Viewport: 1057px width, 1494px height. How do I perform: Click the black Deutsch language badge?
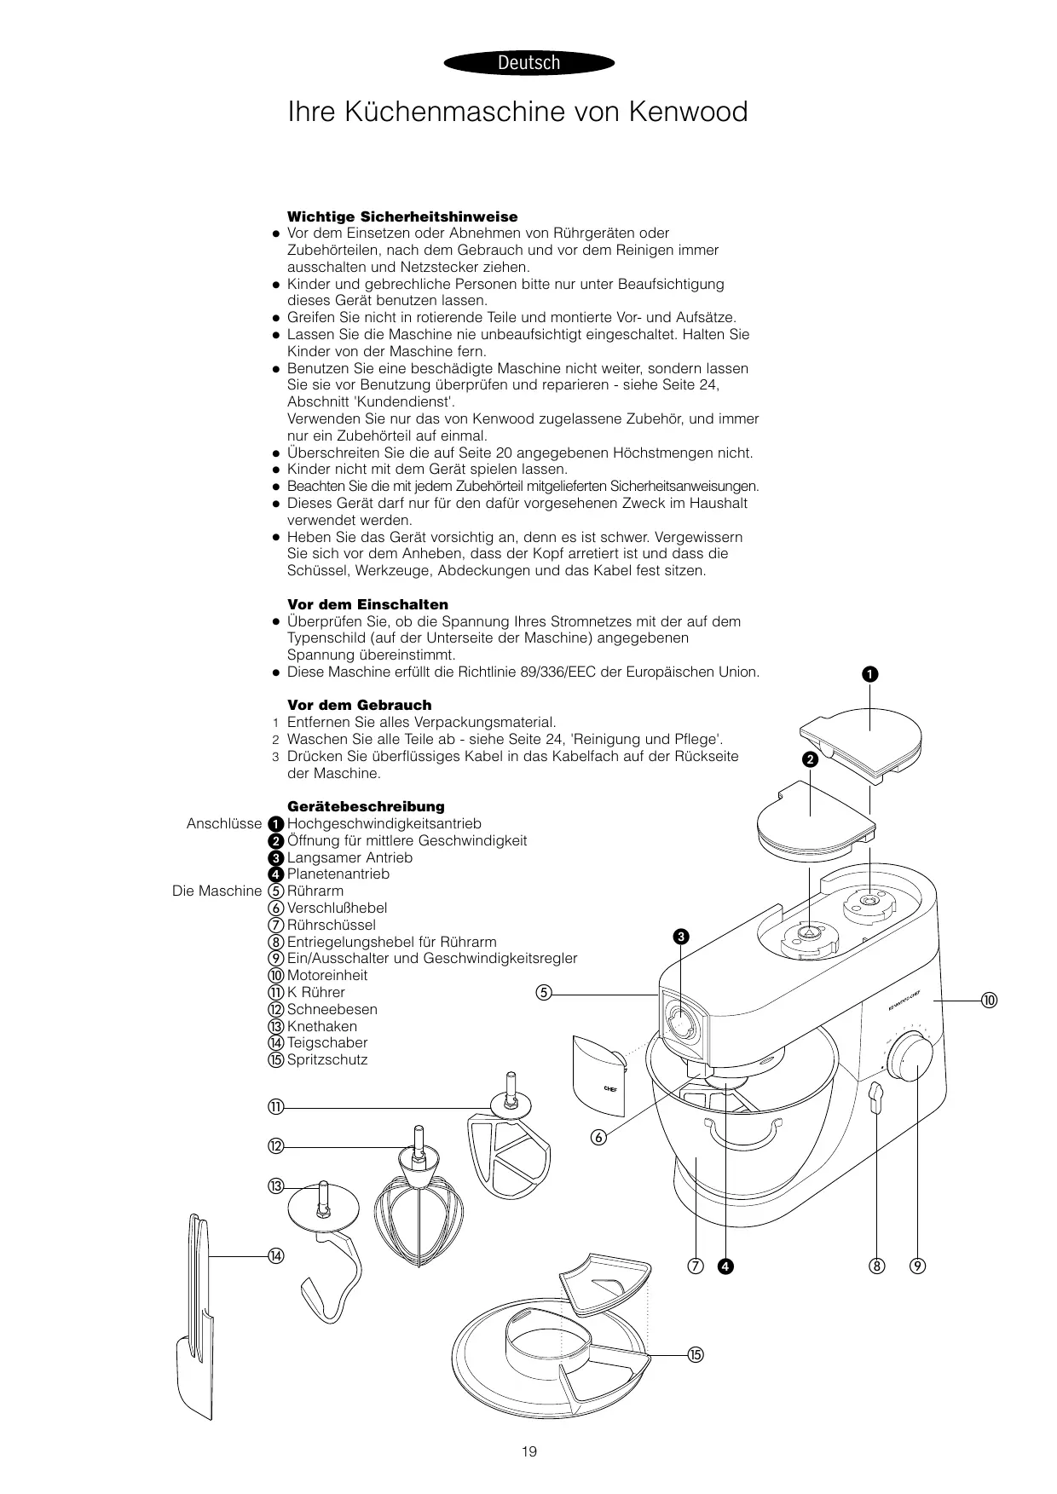pos(528,62)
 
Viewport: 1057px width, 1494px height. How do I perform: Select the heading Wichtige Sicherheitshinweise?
pos(402,216)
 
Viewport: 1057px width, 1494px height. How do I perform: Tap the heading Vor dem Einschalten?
pos(367,604)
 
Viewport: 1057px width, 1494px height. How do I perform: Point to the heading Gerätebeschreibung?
pos(366,806)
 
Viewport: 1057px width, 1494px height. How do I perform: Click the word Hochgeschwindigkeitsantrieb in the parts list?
pos(384,823)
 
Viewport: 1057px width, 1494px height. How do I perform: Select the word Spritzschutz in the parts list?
pos(327,1059)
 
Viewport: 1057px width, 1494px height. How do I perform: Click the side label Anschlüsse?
pos(224,823)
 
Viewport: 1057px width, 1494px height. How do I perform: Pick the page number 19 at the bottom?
pos(529,1451)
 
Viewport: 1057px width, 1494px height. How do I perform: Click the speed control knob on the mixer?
pos(910,1057)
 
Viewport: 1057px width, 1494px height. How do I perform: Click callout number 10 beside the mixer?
pos(988,1000)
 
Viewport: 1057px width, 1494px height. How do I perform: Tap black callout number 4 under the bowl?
pos(725,1266)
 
